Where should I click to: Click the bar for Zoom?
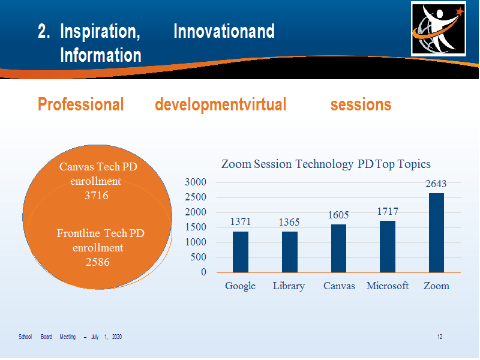coord(436,233)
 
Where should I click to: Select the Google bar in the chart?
coord(241,252)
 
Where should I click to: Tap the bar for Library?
coord(290,252)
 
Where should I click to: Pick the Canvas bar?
coord(338,248)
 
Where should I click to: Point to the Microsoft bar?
coord(388,247)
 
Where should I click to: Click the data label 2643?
coord(436,184)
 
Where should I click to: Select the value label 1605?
coord(338,215)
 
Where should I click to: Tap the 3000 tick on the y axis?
coord(196,182)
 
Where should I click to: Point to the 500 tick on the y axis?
coord(199,257)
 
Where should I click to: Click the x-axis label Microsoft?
coord(388,286)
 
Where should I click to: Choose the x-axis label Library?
coord(289,286)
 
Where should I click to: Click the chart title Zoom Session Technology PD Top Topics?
coord(326,164)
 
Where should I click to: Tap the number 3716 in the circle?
coord(97,196)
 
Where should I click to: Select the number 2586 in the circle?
coord(98,262)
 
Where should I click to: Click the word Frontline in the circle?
coord(79,233)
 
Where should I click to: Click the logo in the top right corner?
coord(439,29)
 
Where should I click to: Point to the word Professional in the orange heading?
coord(81,104)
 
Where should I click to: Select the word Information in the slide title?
coord(101,55)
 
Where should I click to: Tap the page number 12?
coord(440,337)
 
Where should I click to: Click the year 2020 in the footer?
coord(117,337)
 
